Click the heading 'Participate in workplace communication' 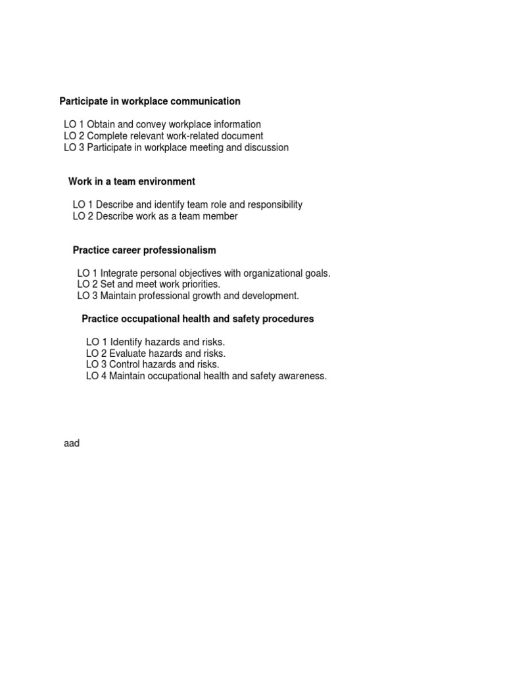pos(150,101)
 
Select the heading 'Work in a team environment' pos(132,181)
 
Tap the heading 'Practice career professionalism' pos(144,250)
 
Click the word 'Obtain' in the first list pos(101,124)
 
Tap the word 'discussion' pos(266,148)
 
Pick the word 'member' pos(221,216)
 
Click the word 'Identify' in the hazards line pos(128,342)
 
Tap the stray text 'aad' pos(72,444)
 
